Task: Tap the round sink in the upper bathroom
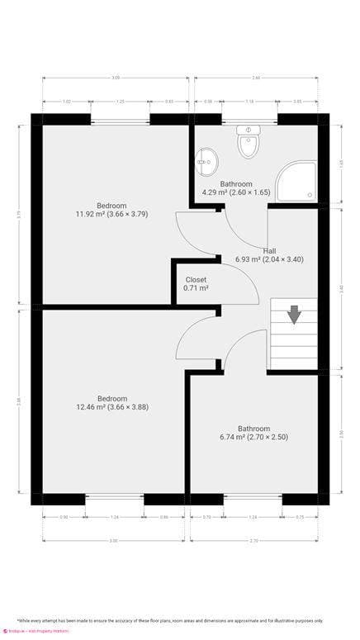click(205, 158)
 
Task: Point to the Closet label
click(196, 279)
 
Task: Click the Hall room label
click(270, 250)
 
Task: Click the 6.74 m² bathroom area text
click(254, 437)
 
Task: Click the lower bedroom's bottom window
click(114, 498)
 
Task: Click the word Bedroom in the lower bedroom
click(111, 397)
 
